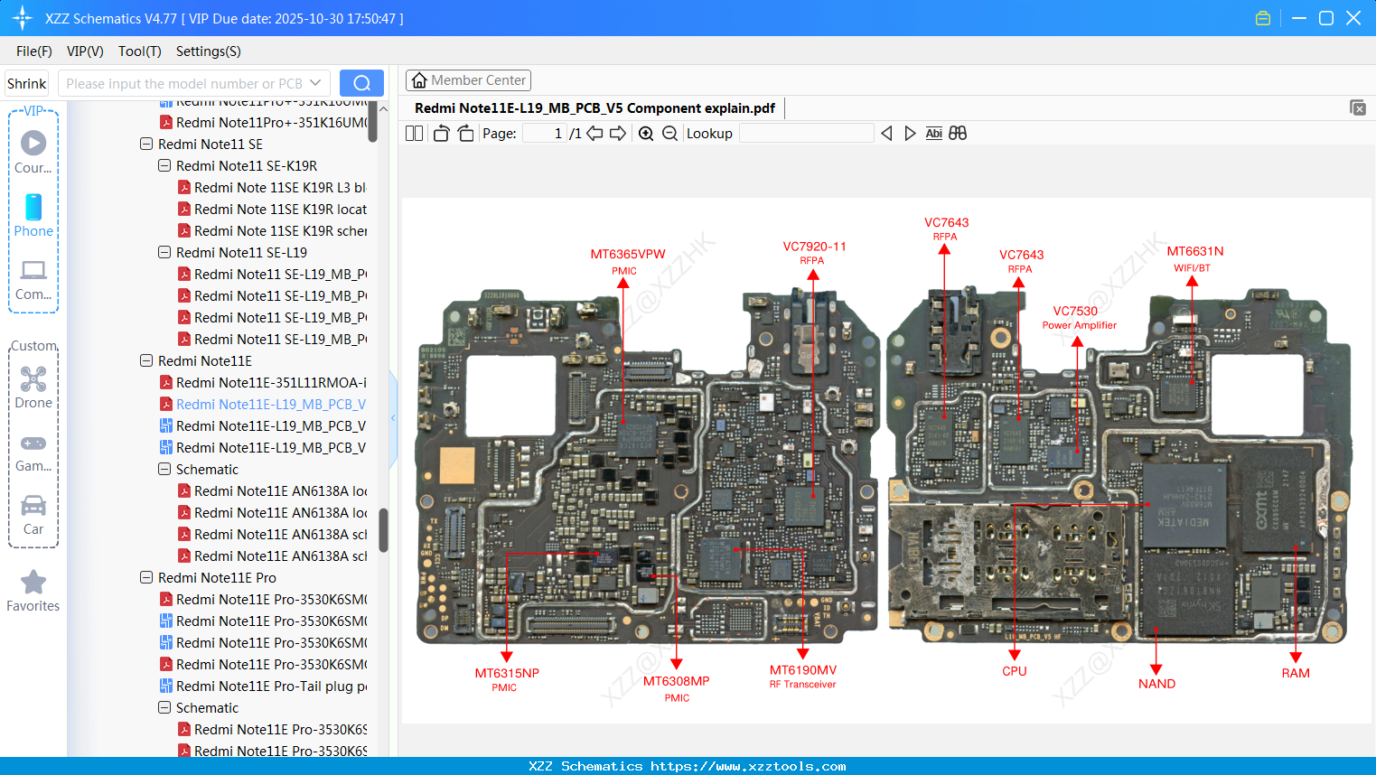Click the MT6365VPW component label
click(627, 255)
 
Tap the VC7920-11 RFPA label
click(814, 247)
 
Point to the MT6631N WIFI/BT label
click(1194, 252)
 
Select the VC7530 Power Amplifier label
click(1075, 312)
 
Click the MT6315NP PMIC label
click(506, 674)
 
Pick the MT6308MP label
click(676, 682)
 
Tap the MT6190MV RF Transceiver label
click(802, 671)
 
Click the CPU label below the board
click(1014, 671)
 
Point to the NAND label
click(1156, 684)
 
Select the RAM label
click(1295, 673)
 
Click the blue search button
click(361, 83)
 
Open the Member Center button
click(468, 80)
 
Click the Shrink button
click(26, 83)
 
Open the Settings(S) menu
click(208, 51)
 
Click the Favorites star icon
click(33, 583)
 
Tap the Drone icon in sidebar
click(33, 379)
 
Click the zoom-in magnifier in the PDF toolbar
click(646, 134)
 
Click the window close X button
click(1353, 18)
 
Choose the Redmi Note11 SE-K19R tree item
click(246, 166)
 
